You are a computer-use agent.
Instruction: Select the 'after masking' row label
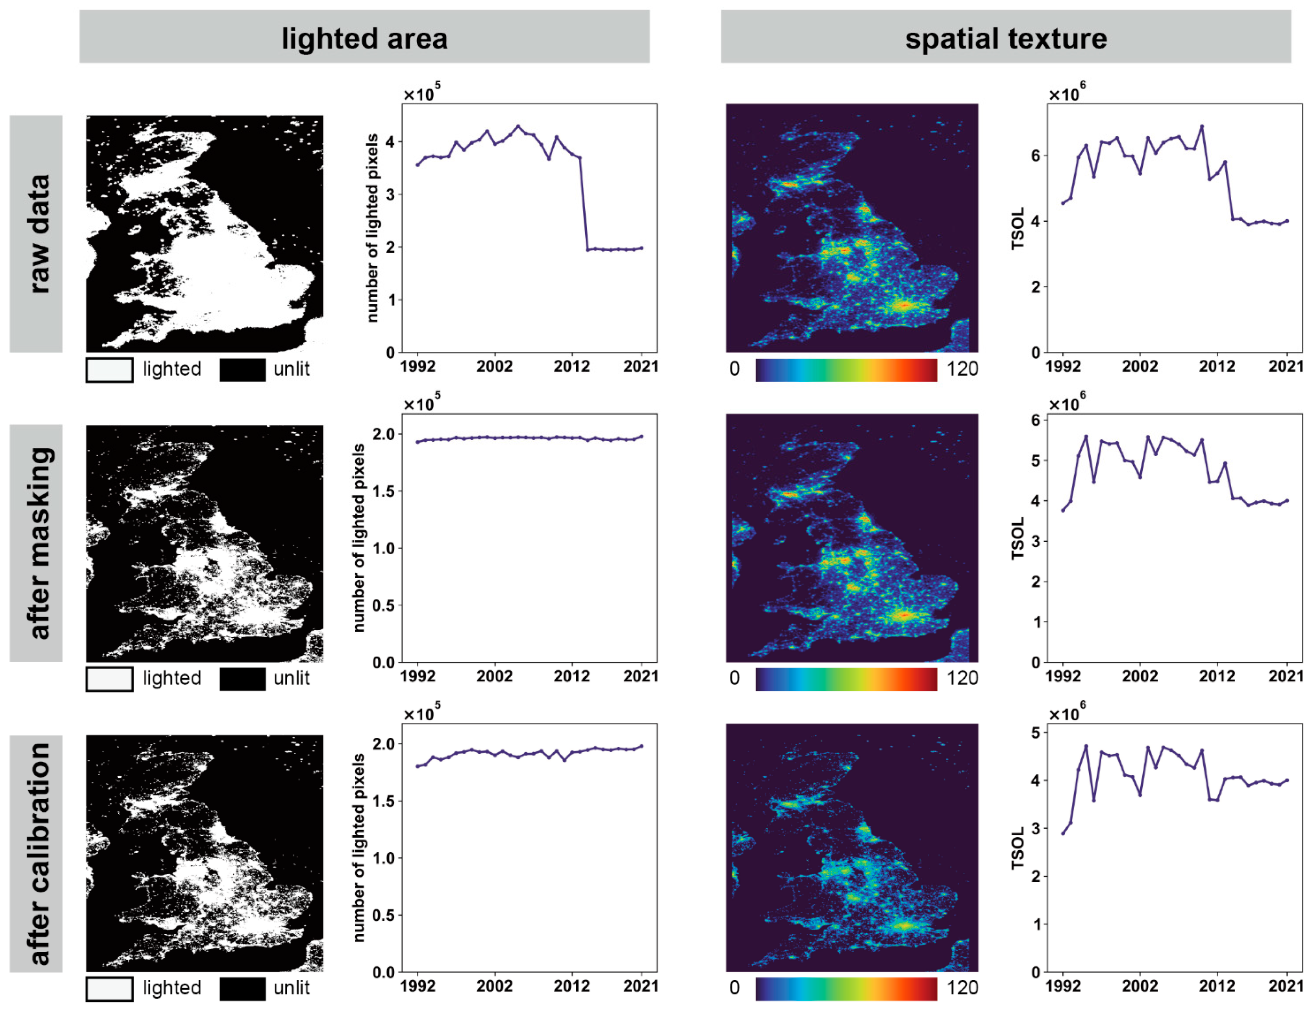[x=36, y=543]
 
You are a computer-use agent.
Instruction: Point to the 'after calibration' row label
[x=36, y=854]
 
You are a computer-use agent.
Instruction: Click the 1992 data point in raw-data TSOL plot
[x=1062, y=203]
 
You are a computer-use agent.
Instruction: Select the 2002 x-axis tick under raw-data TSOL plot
[x=1139, y=366]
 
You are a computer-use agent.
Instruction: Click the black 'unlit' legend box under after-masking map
[x=242, y=679]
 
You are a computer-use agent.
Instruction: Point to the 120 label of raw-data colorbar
[x=962, y=369]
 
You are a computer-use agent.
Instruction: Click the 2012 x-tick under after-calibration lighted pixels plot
[x=571, y=986]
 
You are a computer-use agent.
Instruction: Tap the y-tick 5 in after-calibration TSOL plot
[x=1035, y=732]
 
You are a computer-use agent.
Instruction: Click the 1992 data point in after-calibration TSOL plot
[x=1062, y=833]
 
